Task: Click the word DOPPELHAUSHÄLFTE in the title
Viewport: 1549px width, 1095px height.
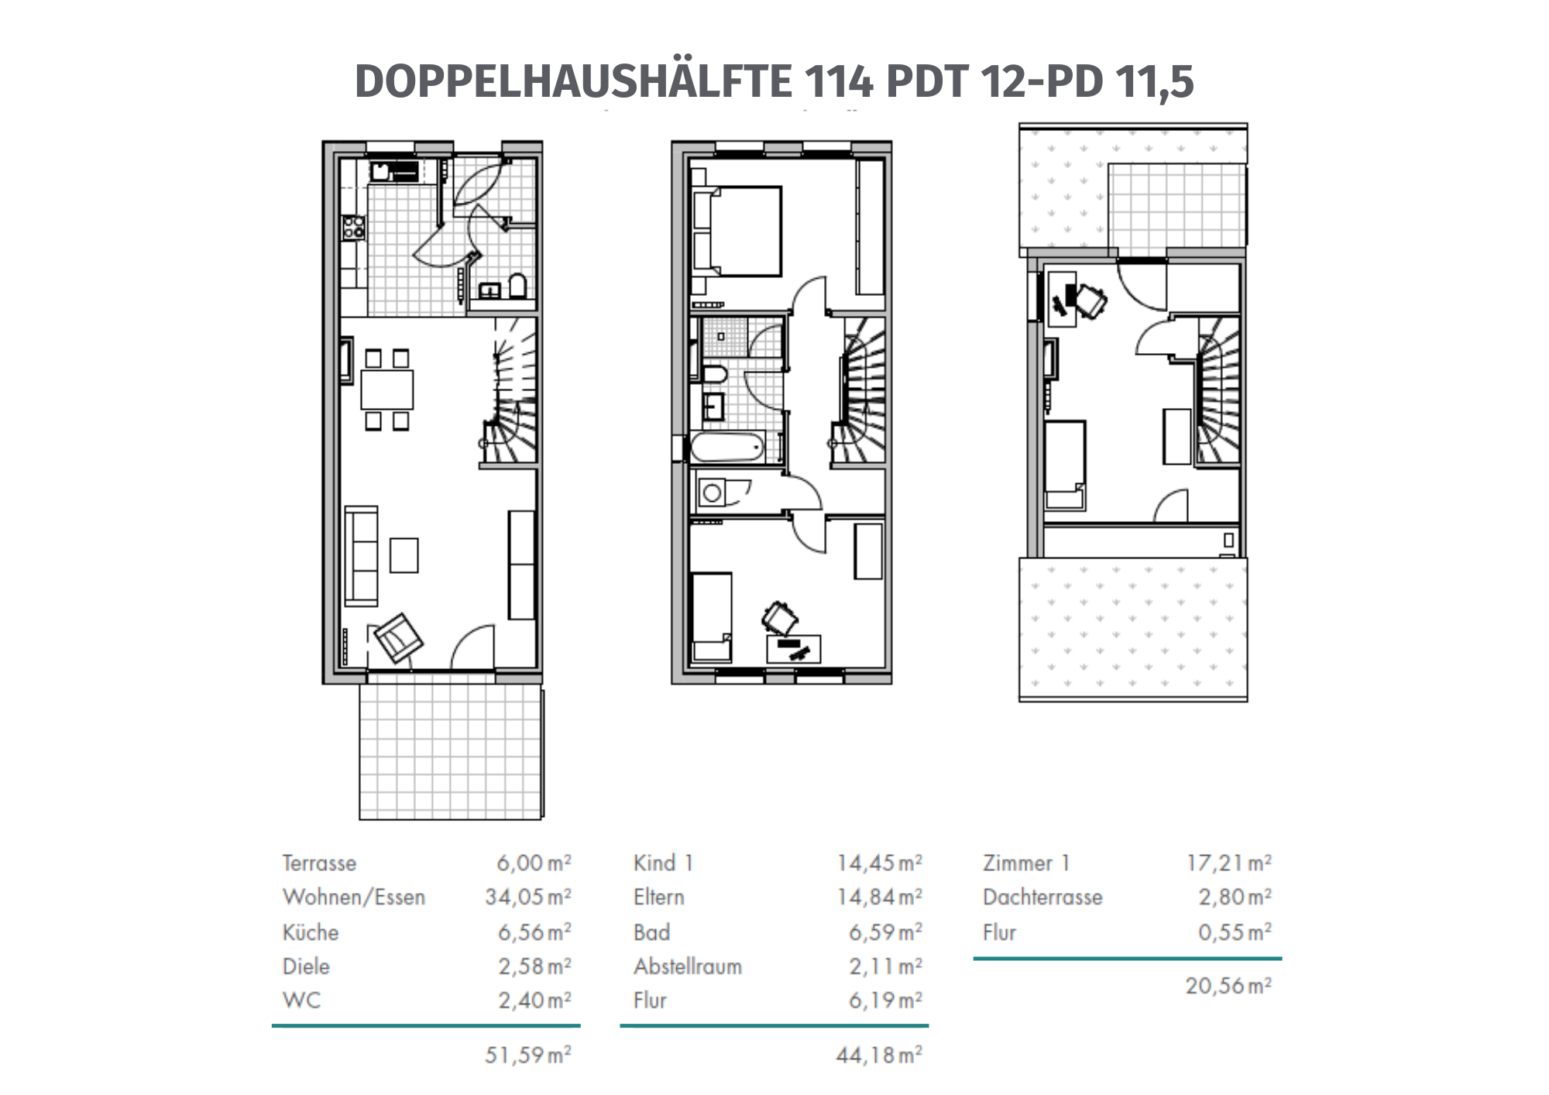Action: point(574,81)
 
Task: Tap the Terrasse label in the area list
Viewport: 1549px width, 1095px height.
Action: point(319,863)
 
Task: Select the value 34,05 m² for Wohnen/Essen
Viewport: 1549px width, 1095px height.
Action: point(528,897)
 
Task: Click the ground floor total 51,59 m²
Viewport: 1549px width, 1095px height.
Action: point(528,1055)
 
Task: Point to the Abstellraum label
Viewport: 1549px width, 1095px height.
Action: point(688,966)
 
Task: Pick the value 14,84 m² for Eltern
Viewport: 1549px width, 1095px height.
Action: point(880,897)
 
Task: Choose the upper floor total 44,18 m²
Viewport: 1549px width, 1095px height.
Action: point(880,1055)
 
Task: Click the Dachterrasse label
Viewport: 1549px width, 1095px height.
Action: point(1042,897)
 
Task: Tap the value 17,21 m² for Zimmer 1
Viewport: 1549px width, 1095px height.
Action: point(1229,863)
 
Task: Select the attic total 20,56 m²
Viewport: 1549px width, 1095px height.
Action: point(1229,986)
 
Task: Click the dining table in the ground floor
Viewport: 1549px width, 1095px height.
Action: point(387,390)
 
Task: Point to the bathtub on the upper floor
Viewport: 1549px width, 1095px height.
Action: point(729,448)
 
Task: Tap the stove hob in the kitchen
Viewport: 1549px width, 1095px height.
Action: point(354,228)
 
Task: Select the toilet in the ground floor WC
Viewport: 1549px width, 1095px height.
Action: point(517,286)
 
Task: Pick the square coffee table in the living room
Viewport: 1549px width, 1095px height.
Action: point(404,555)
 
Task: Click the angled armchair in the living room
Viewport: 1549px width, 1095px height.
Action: point(399,638)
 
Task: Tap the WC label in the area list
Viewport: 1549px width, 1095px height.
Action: point(302,1001)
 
